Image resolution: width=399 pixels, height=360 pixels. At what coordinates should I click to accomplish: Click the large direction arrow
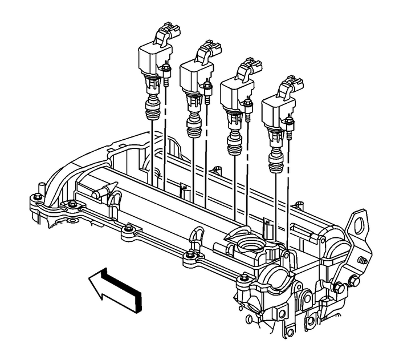point(117,286)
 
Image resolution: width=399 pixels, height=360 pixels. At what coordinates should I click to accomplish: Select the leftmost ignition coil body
point(151,57)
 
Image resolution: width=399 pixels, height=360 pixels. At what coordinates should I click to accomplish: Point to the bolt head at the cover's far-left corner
point(37,197)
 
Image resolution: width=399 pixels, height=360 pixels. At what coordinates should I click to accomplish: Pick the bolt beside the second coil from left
point(207,86)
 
